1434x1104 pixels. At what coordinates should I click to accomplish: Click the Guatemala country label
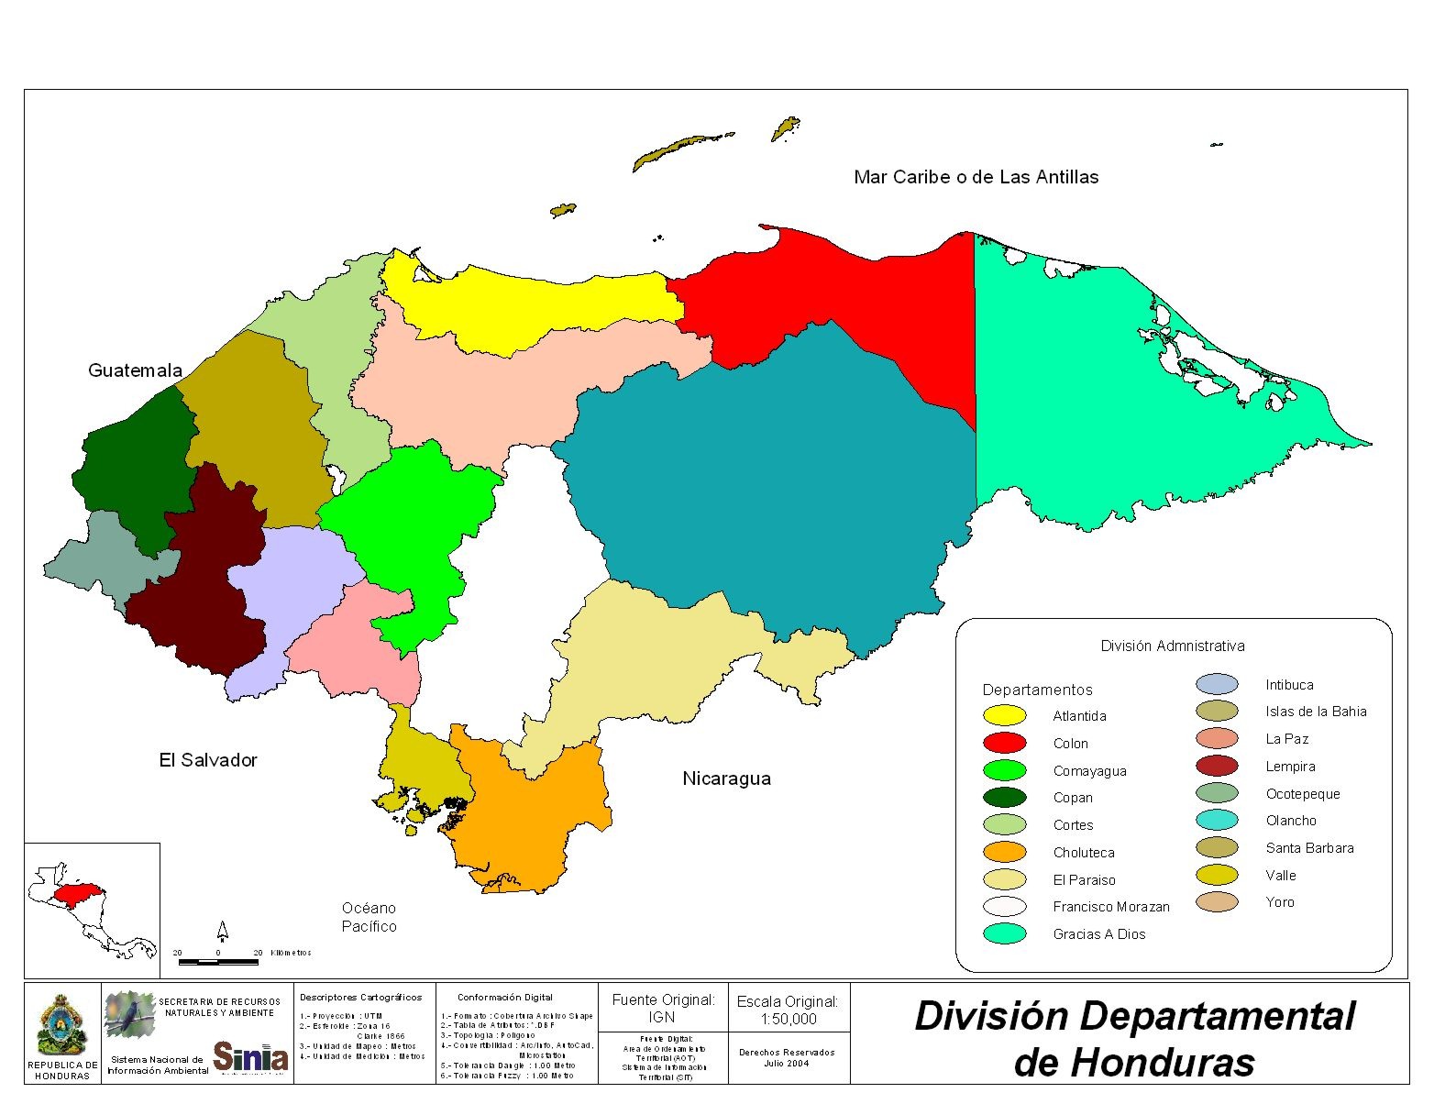(135, 370)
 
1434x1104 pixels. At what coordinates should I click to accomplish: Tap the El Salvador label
(208, 760)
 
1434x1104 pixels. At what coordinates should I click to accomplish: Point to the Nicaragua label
(726, 778)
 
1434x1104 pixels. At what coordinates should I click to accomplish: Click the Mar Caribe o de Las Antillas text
(976, 177)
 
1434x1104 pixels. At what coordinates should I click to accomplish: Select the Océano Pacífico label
(370, 917)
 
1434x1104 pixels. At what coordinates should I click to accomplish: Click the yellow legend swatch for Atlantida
(1004, 716)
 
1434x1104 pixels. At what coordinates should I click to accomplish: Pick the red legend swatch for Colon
(1004, 743)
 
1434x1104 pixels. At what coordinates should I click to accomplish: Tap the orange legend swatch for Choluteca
(1004, 852)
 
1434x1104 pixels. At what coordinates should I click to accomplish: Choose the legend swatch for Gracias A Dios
(1004, 933)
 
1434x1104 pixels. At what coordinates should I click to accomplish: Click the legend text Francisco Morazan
(1111, 907)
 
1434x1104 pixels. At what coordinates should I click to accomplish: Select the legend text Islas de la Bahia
(1316, 712)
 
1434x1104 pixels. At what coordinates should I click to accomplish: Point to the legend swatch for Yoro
(1217, 902)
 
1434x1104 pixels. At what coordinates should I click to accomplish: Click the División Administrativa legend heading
(1173, 646)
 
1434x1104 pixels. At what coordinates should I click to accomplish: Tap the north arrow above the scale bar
(222, 932)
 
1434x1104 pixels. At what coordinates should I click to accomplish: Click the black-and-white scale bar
(218, 962)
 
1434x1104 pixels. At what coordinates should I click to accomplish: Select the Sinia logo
(250, 1056)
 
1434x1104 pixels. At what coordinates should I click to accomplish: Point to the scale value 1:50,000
(788, 1019)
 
